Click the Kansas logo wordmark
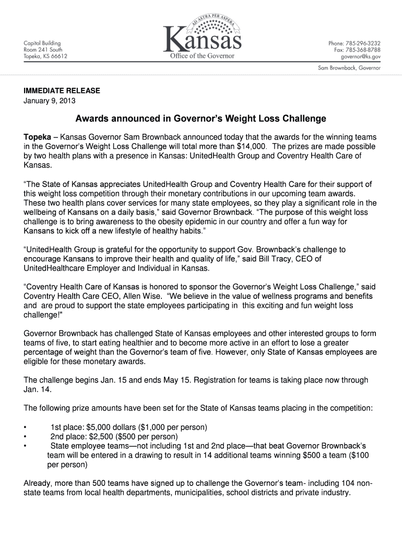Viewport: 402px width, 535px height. pyautogui.click(x=203, y=40)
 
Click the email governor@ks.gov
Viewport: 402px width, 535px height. pyautogui.click(x=361, y=56)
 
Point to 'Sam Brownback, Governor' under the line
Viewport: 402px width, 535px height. pyautogui.click(x=349, y=68)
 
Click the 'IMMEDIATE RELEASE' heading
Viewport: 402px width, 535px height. pyautogui.click(x=62, y=91)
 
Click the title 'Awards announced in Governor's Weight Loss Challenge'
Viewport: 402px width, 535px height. pyautogui.click(x=200, y=119)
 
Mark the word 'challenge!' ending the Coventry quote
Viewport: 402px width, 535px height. pyautogui.click(x=43, y=315)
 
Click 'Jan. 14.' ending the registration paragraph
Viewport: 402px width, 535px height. pyautogui.click(x=38, y=390)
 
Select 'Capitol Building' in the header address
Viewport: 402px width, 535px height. pyautogui.click(x=42, y=43)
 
